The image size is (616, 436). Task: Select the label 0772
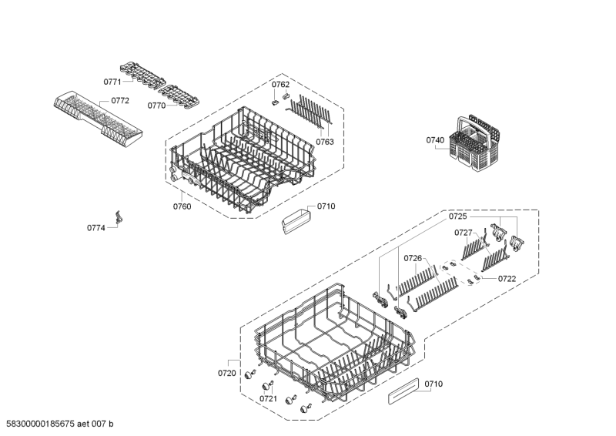point(120,100)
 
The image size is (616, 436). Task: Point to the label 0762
point(280,84)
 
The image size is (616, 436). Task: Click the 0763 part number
point(325,142)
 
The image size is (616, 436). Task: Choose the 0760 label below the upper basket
point(182,206)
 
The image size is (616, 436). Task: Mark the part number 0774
point(95,228)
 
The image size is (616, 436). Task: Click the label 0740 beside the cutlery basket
point(435,140)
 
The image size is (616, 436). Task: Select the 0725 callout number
point(458,217)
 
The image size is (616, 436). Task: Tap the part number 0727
point(463,232)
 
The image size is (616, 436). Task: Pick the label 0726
point(413,258)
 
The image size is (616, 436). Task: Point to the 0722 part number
point(507,278)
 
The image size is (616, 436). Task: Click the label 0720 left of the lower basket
point(227,373)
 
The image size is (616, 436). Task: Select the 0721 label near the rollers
point(268,398)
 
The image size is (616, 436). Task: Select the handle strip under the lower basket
point(403,391)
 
